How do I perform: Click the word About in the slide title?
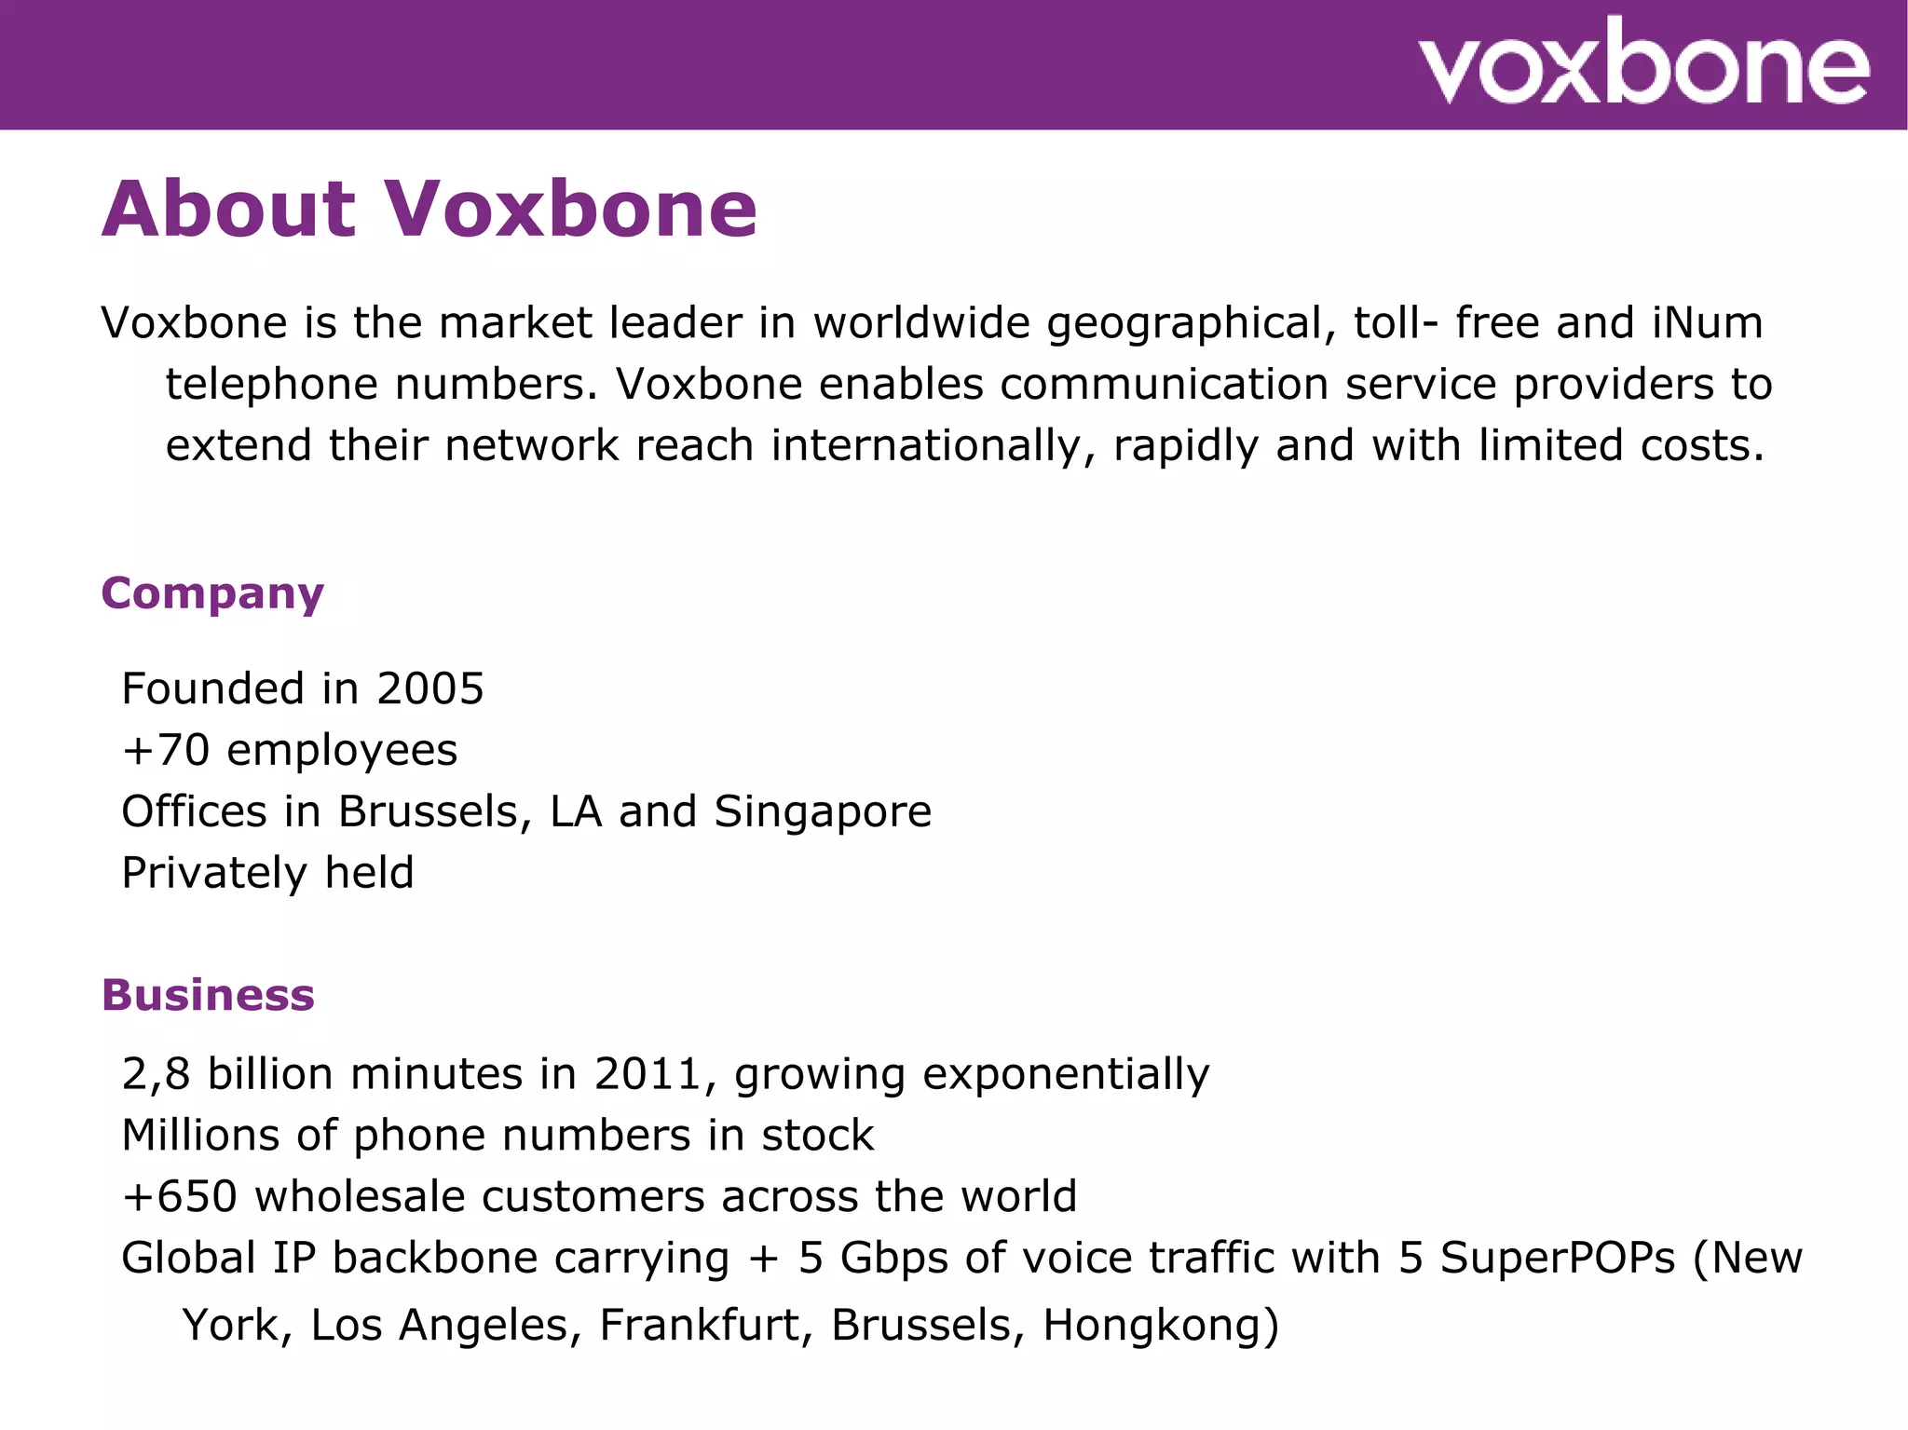228,210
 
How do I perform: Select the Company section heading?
212,594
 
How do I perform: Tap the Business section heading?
208,995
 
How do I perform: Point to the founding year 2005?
430,689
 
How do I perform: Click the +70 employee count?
166,751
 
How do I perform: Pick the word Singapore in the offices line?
823,812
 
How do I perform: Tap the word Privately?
214,874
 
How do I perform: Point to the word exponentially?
1066,1075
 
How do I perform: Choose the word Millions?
200,1137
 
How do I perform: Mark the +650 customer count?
180,1197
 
